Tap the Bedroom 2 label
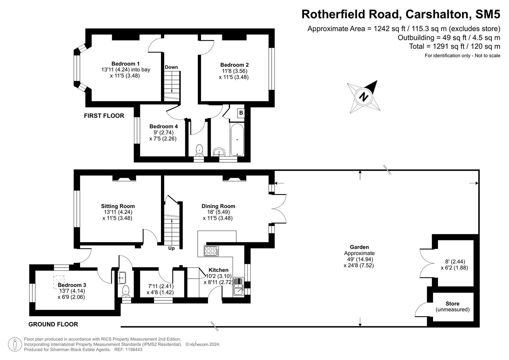pos(234,65)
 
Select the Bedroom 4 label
pos(163,126)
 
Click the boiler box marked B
pos(241,113)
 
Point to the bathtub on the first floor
pos(237,139)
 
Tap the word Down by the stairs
pos(171,67)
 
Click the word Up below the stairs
pos(171,248)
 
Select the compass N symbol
pos(363,97)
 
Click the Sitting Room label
pos(118,206)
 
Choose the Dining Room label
pos(218,206)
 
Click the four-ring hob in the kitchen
pos(211,251)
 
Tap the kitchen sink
pos(239,287)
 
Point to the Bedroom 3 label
pos(72,285)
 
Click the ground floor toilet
pos(126,291)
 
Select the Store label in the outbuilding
pos(452,304)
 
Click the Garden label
pos(359,247)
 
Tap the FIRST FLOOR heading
pos(104,116)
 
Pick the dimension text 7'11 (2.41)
pos(161,286)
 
